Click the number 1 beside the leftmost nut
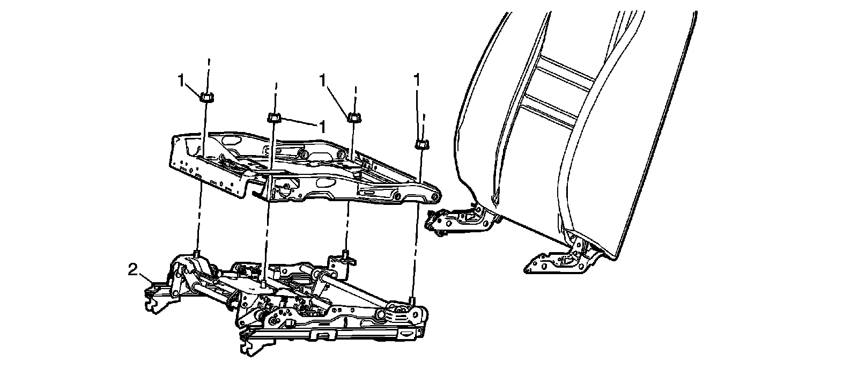182,80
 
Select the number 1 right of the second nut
322,127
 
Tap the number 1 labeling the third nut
323,80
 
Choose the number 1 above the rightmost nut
417,80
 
